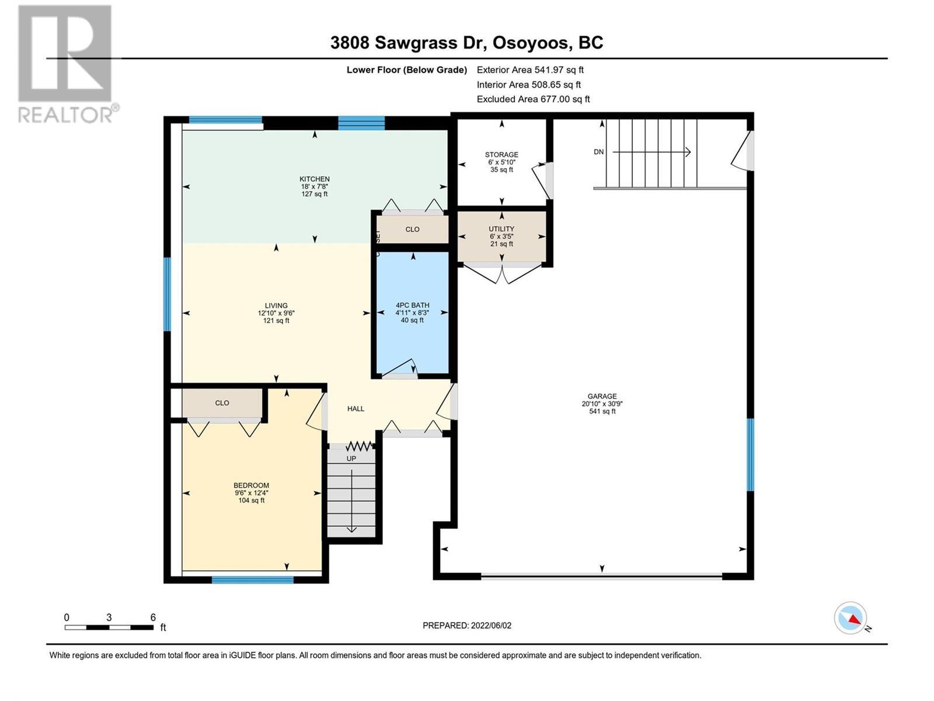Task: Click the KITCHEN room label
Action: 315,179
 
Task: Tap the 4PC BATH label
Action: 412,305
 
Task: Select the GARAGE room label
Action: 602,396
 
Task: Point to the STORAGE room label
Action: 501,155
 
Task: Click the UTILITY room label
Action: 501,229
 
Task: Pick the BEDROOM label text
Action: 251,485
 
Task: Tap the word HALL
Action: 356,409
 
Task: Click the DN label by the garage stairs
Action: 598,152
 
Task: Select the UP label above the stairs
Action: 351,459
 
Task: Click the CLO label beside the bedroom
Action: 222,403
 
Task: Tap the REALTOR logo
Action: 65,64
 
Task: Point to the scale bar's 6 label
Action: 153,617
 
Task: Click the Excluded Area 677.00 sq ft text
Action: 533,99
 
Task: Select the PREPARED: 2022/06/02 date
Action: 467,626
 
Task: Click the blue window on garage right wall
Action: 751,454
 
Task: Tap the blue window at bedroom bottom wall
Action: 252,579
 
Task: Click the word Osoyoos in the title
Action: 531,43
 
